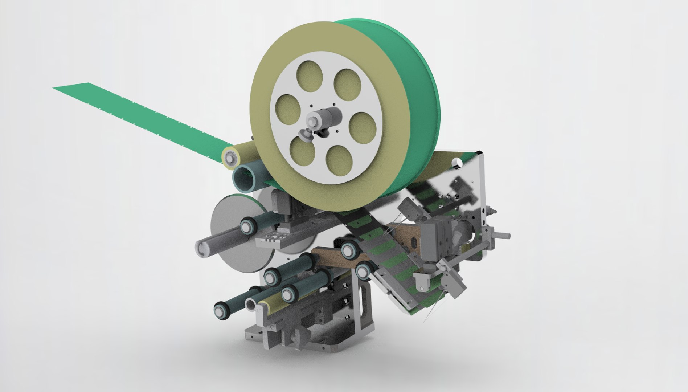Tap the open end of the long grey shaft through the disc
202,249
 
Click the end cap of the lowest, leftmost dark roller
220,311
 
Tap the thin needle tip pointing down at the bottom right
425,321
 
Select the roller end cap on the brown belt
348,250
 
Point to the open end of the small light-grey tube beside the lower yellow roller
250,304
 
